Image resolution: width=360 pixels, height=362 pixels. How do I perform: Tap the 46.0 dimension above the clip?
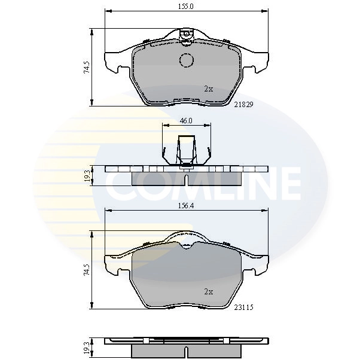186,120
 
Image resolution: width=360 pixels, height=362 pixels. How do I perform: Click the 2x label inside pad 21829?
208,89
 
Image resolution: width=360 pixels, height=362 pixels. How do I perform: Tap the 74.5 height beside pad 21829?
87,67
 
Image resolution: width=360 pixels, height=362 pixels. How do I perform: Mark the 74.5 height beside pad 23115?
87,270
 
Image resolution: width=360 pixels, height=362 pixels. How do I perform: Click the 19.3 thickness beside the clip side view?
87,175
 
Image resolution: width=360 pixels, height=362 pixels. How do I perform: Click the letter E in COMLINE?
287,184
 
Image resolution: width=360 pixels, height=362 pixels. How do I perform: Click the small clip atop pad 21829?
187,34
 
